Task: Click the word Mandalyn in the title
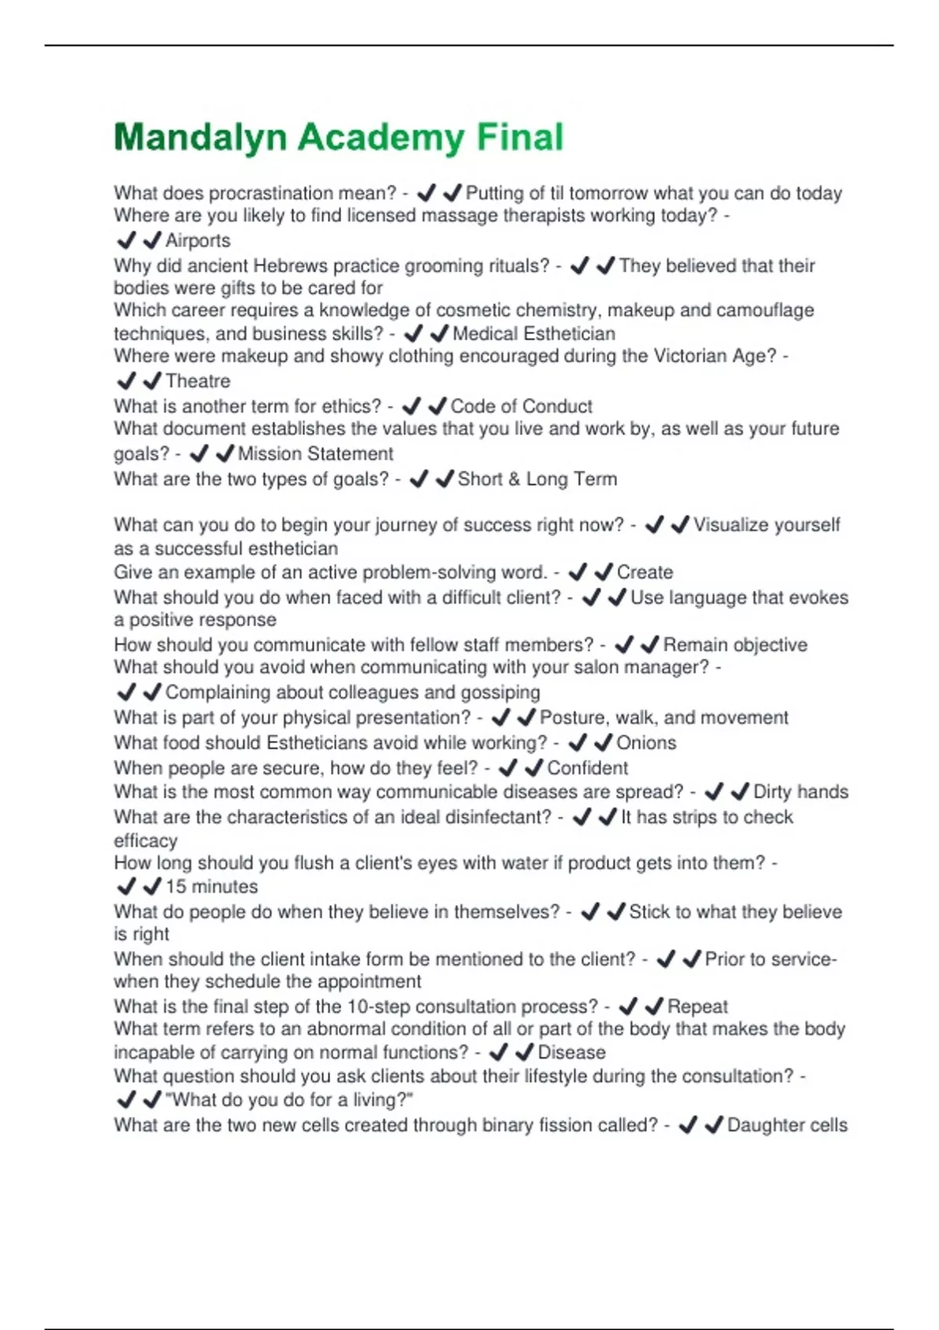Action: (x=200, y=138)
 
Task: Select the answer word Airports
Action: (x=198, y=240)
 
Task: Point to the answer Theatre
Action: (x=198, y=381)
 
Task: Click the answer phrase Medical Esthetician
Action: (x=534, y=333)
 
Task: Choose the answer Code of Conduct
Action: (x=521, y=406)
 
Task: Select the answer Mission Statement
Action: (x=315, y=454)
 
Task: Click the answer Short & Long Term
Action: (x=537, y=479)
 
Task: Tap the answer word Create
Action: (x=645, y=572)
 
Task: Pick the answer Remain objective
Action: (x=735, y=645)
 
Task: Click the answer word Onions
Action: (x=646, y=742)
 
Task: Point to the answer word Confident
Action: (x=587, y=767)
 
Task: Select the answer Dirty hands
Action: (x=800, y=792)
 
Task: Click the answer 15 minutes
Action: (x=211, y=886)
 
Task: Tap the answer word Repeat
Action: (x=697, y=1006)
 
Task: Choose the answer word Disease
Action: (x=571, y=1052)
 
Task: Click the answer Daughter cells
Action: (x=787, y=1125)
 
